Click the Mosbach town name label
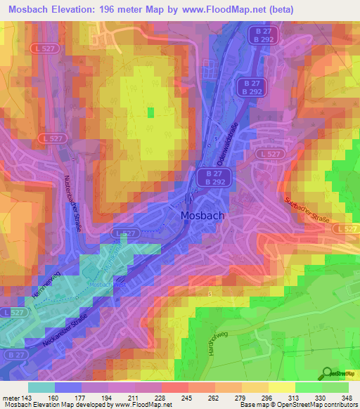(202, 216)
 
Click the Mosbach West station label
(109, 284)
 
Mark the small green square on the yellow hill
(150, 112)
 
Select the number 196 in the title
(106, 9)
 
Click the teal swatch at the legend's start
(41, 387)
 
